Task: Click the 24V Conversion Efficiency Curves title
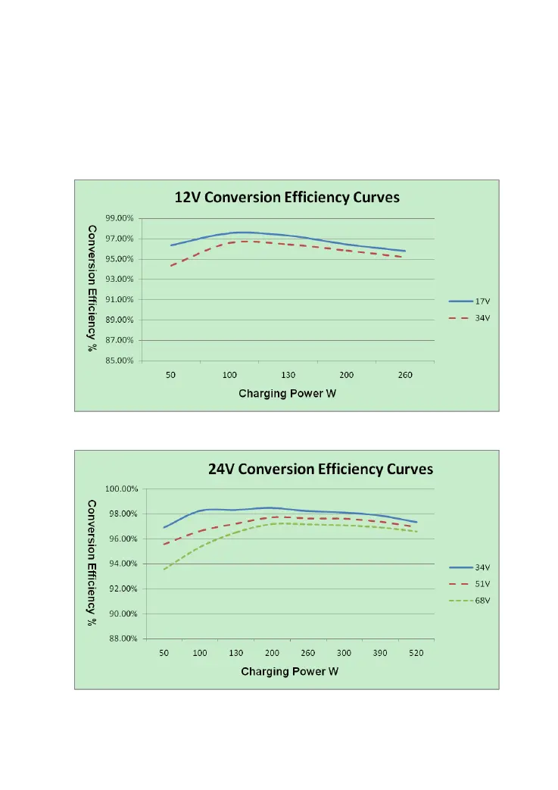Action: [x=320, y=469]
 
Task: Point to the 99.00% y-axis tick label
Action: [x=119, y=218]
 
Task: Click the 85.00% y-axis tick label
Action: [x=119, y=361]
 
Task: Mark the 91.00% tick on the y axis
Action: [x=119, y=299]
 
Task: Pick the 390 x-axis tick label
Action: [x=380, y=652]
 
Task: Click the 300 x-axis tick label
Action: [x=344, y=652]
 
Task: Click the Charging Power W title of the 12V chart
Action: [x=287, y=393]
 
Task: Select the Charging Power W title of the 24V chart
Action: [x=289, y=672]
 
